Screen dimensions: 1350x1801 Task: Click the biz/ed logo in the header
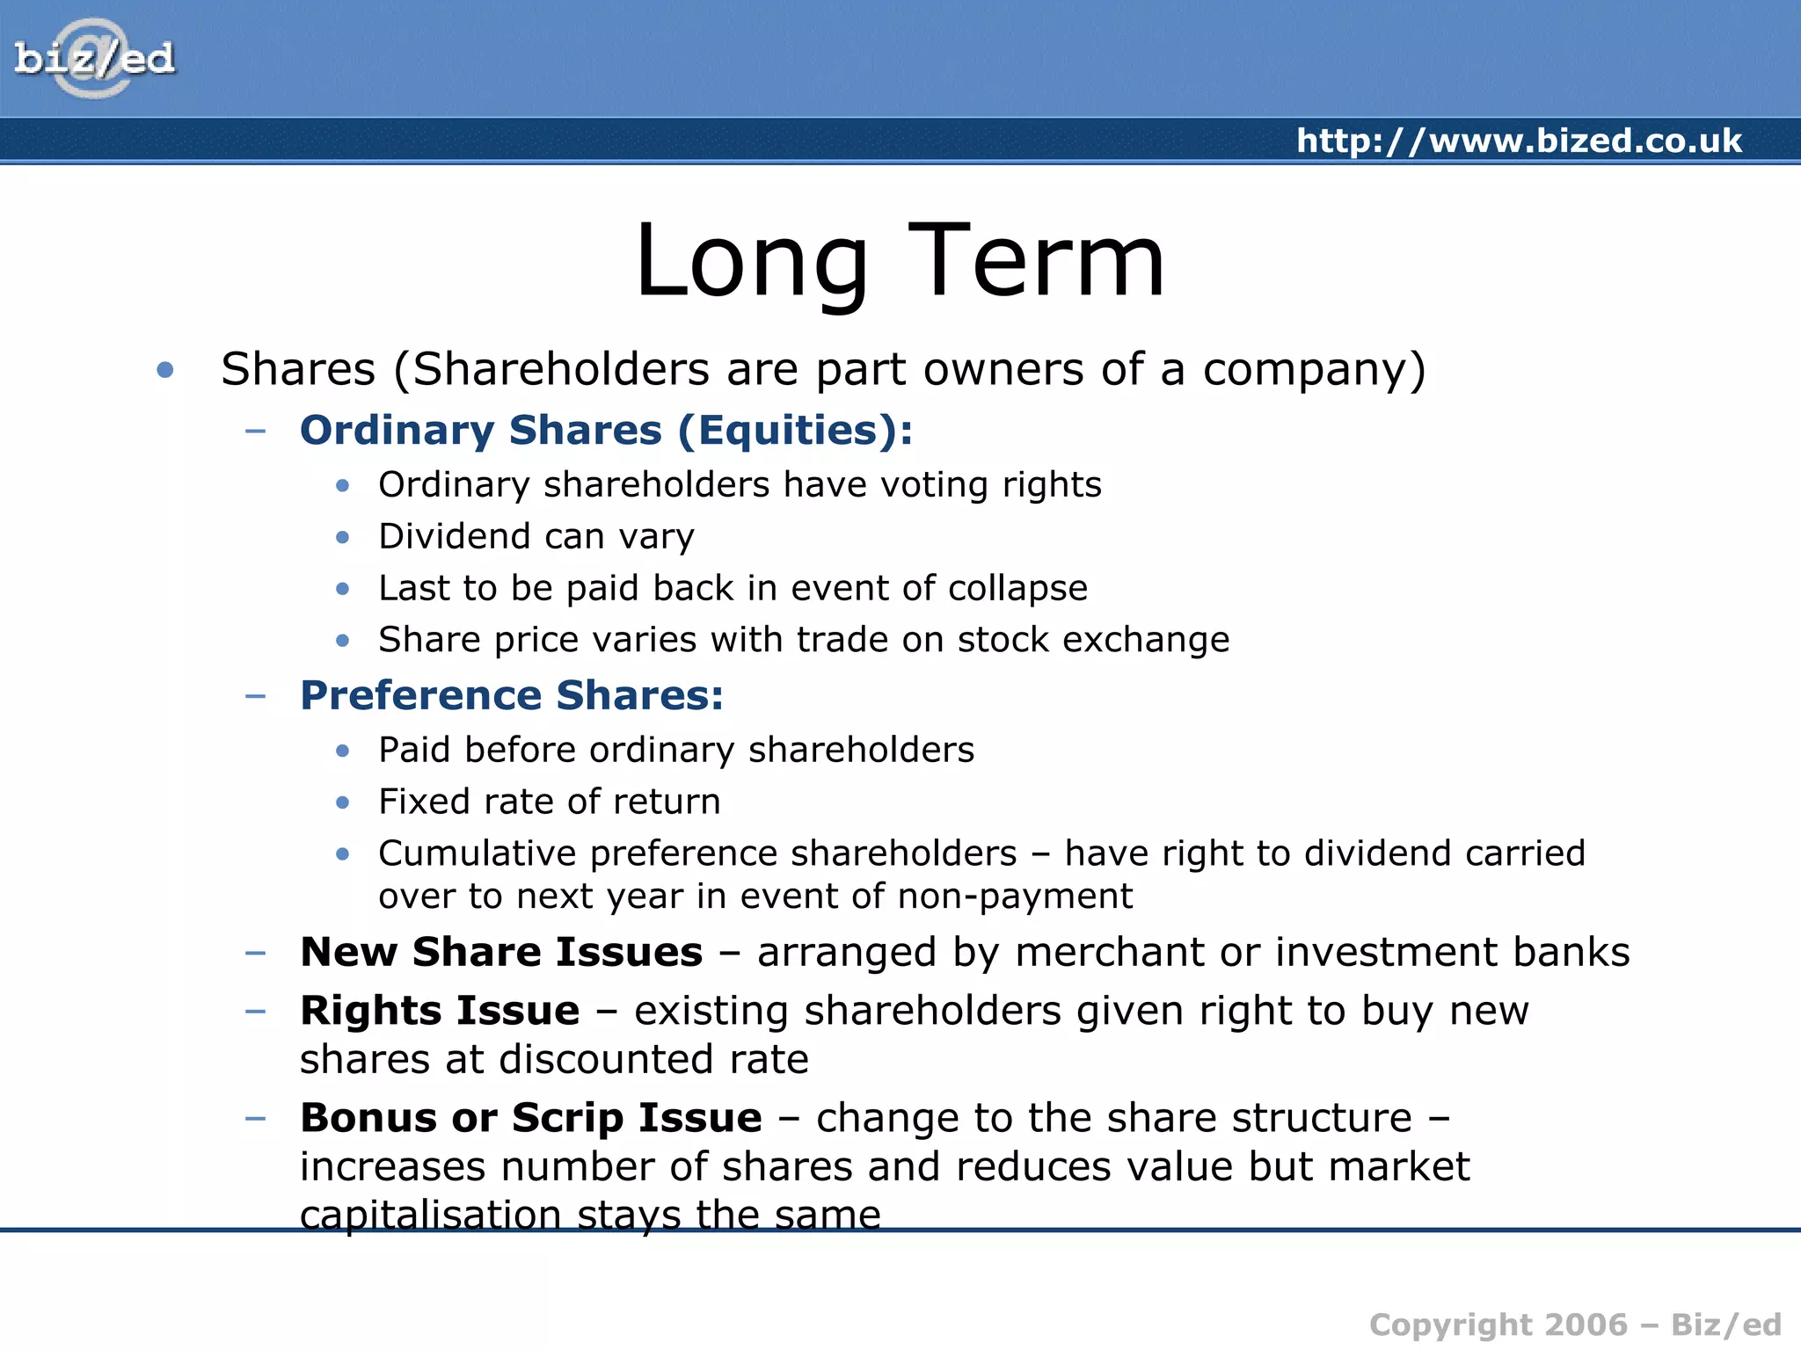click(94, 59)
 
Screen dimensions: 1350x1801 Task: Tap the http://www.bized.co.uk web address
click(1519, 141)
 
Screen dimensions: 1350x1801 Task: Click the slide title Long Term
click(900, 261)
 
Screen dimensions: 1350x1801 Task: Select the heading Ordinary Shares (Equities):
click(606, 431)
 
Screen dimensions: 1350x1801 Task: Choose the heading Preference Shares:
click(512, 695)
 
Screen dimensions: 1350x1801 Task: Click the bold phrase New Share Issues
click(501, 952)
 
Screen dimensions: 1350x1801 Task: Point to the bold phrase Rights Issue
click(440, 1011)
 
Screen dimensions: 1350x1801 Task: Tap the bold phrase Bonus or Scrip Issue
click(531, 1118)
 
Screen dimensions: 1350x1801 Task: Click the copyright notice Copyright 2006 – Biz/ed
click(1575, 1325)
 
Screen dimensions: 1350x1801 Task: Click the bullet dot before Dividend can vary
click(343, 537)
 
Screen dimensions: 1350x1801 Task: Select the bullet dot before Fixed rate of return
click(343, 802)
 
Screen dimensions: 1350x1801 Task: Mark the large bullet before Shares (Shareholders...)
click(164, 370)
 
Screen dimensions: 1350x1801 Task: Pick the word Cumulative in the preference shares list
click(478, 853)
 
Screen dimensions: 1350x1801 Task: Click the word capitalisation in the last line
click(430, 1215)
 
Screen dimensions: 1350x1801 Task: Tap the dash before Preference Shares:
click(255, 696)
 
